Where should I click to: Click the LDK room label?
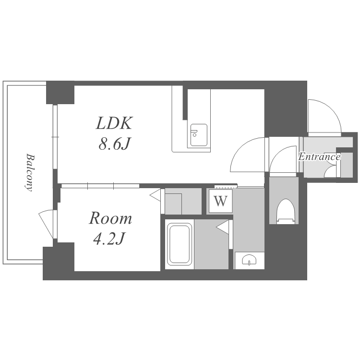(114, 123)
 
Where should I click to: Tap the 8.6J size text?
(114, 144)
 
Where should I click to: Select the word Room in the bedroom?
(110, 218)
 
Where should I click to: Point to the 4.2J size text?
(109, 239)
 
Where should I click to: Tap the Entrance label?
(319, 157)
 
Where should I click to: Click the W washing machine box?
(221, 201)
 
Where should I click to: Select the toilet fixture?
(286, 211)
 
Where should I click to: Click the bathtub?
(180, 244)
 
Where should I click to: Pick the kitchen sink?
(199, 136)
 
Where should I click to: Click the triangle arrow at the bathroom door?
(222, 227)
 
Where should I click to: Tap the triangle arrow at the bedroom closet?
(155, 195)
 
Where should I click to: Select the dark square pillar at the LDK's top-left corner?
(60, 93)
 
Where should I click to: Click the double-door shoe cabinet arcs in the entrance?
(330, 169)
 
